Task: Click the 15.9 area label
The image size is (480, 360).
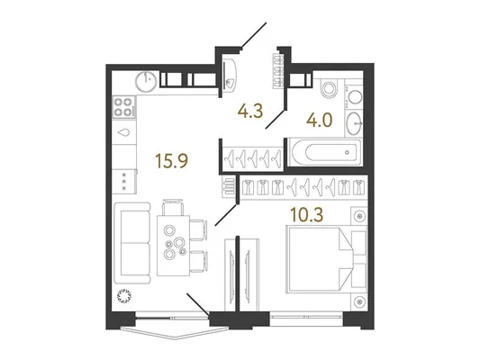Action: coord(171,160)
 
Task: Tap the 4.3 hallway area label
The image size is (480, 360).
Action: coord(250,111)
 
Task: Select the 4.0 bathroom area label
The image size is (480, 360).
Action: coord(320,120)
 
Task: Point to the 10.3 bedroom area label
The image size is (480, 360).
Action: coord(307,214)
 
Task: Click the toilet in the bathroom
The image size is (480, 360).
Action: coord(329,88)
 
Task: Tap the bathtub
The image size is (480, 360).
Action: coord(325,152)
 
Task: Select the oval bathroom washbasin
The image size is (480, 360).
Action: coord(354,123)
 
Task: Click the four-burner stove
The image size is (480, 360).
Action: coord(124,107)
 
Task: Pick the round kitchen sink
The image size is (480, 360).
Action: coord(146,81)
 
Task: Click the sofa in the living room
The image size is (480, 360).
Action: coord(132,243)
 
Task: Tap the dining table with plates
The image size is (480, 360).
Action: coord(173,246)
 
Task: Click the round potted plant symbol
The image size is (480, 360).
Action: coord(124,296)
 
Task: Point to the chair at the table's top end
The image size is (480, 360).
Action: coord(173,207)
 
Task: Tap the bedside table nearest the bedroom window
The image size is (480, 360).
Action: coord(359,301)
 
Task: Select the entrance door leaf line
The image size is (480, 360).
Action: coord(254,35)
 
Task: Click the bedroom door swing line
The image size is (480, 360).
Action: coord(226,215)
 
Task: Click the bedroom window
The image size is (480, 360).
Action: coord(306,319)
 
